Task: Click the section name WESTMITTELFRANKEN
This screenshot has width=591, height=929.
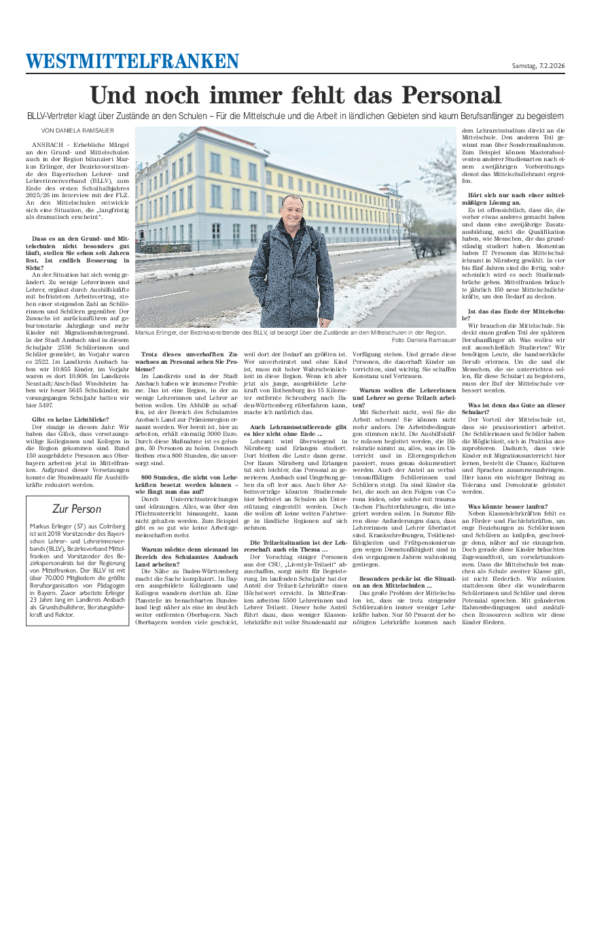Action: tap(132, 62)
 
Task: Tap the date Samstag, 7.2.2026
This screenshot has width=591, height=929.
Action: tap(538, 65)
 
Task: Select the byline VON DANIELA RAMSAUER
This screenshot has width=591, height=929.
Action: tap(77, 130)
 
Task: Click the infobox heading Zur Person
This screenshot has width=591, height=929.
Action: tap(77, 509)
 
